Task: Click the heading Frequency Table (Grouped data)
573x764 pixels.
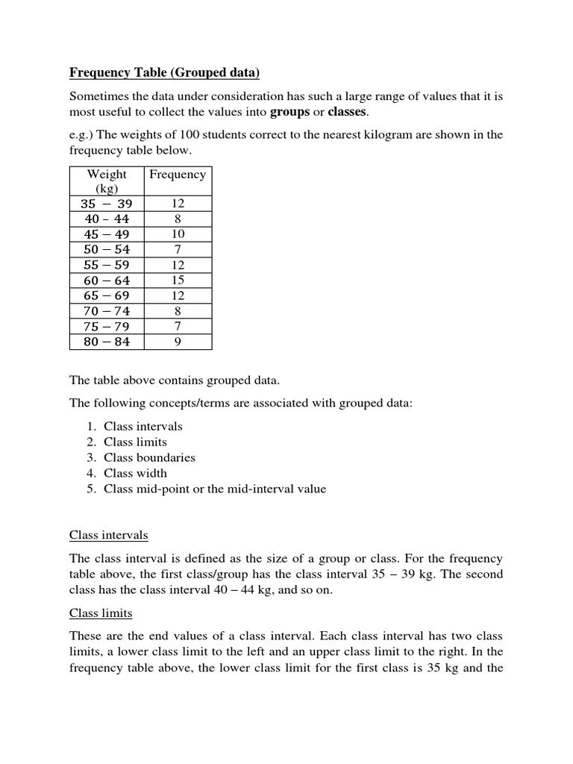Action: tap(164, 72)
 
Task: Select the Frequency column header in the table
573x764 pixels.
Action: tap(177, 175)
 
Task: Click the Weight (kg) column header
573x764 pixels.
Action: tap(107, 181)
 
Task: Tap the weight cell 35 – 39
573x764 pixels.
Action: tap(107, 204)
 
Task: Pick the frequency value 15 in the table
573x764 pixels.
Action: tap(177, 281)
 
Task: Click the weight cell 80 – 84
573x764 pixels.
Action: tap(107, 342)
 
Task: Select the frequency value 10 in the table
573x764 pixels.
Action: tap(177, 234)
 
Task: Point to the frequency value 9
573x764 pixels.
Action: tap(177, 342)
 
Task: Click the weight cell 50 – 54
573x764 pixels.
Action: tap(107, 250)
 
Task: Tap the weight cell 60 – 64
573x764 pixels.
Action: tap(107, 281)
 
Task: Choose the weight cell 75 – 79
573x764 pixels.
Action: tap(107, 327)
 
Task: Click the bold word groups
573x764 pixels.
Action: tap(289, 112)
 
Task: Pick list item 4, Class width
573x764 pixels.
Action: tap(135, 473)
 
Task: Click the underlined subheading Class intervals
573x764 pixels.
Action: tap(108, 535)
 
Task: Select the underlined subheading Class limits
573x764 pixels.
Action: tap(101, 613)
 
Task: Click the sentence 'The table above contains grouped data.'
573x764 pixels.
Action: tap(175, 380)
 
